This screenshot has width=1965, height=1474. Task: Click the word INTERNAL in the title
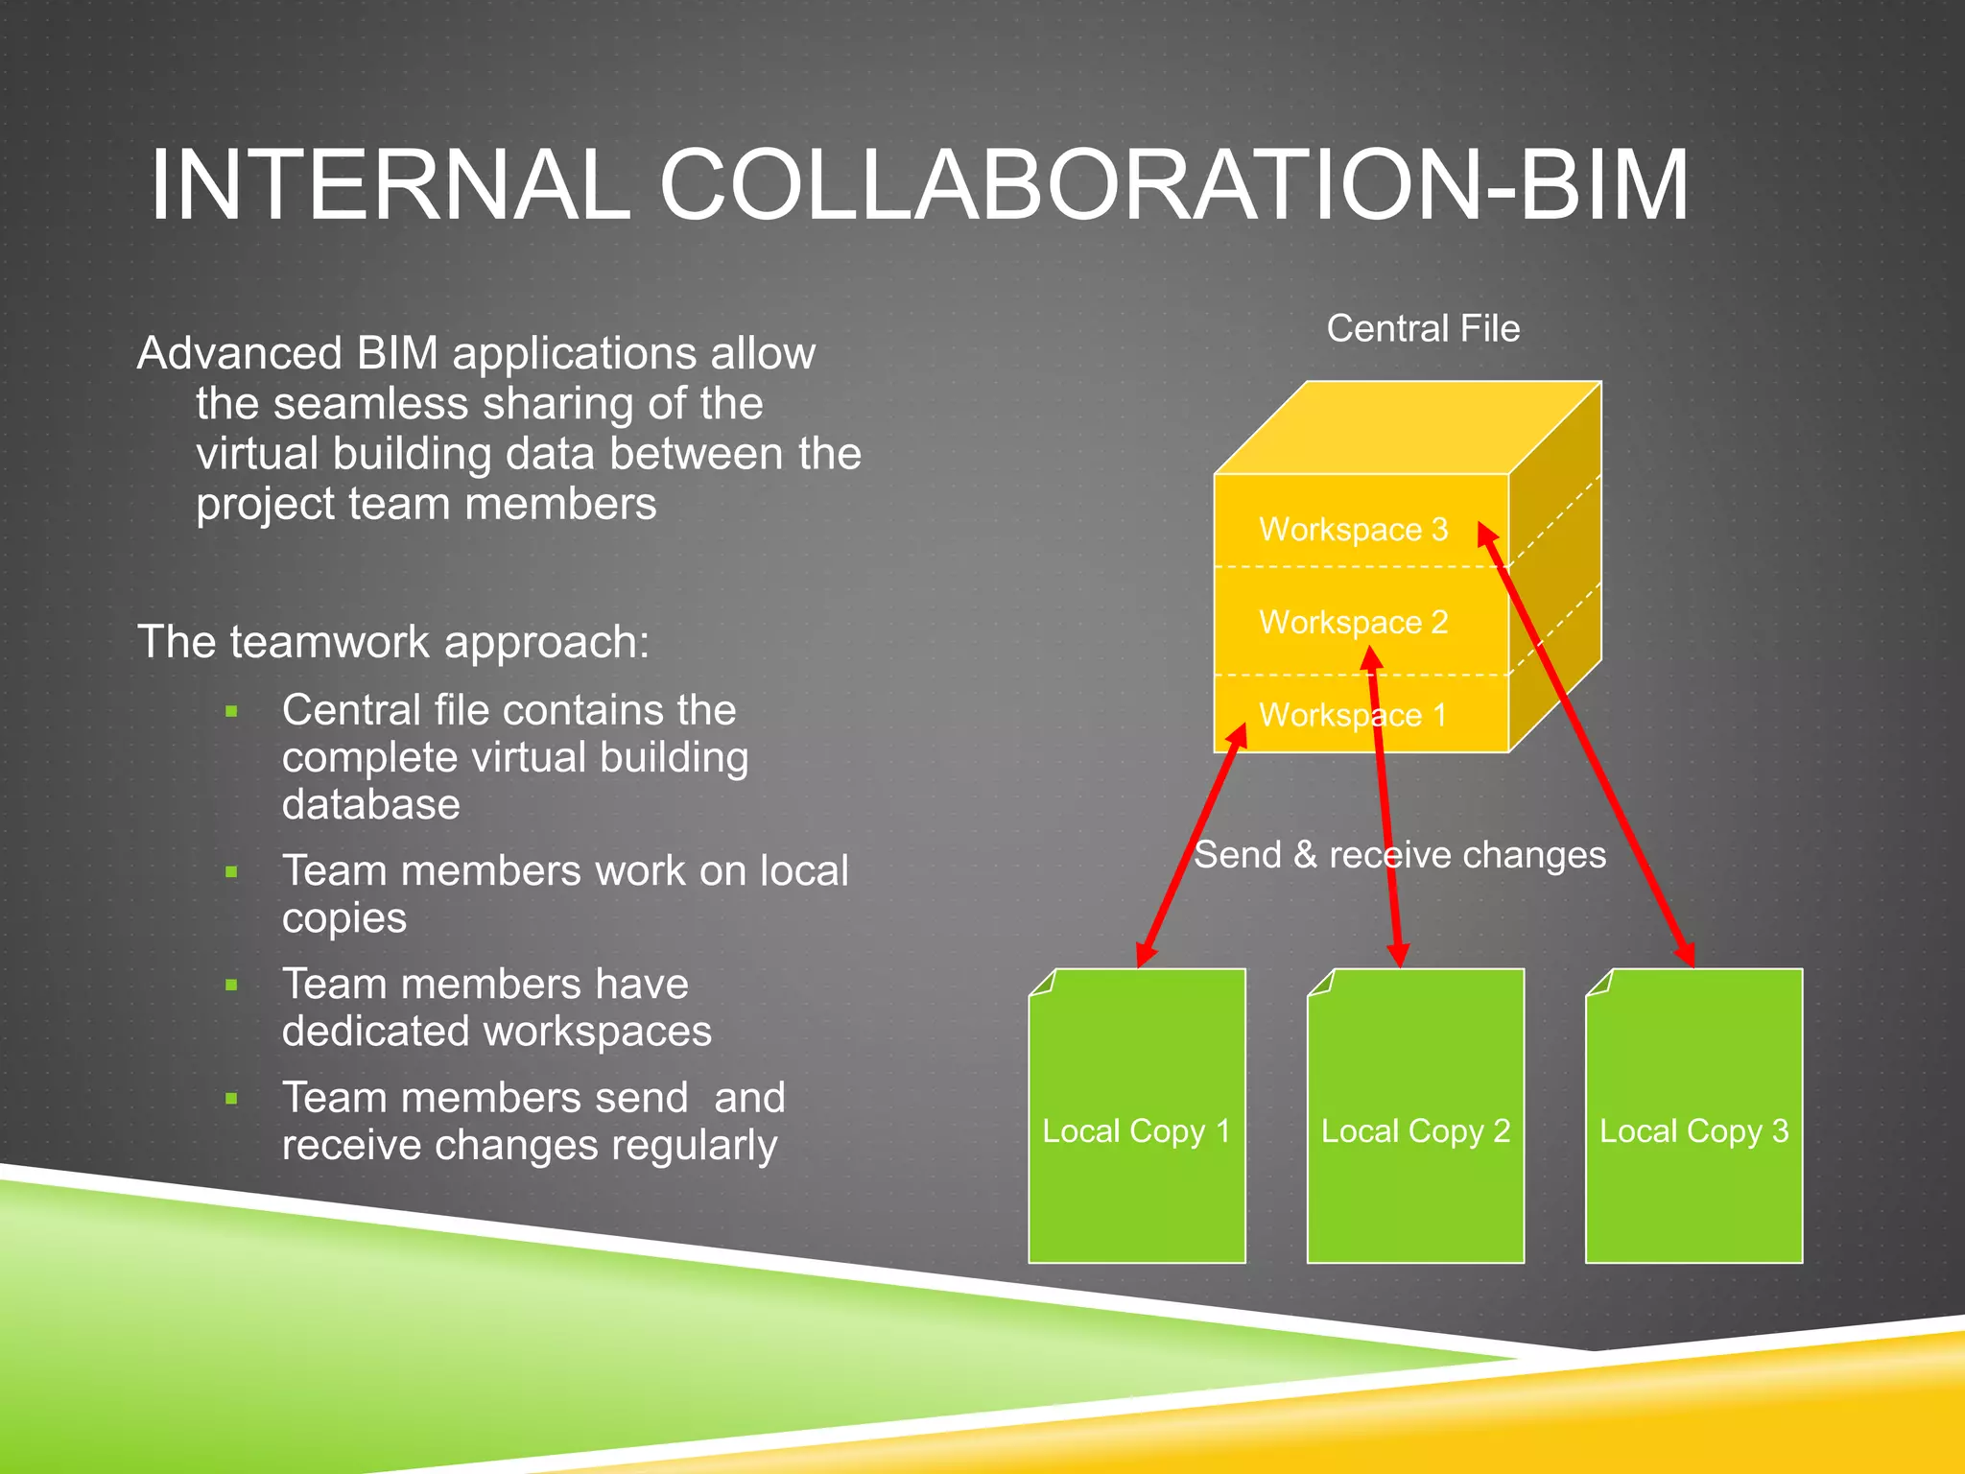(x=389, y=185)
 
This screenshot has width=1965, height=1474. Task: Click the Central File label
(x=1423, y=329)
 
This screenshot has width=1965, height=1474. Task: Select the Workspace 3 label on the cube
(x=1353, y=530)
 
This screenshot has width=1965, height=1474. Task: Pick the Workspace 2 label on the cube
(x=1353, y=623)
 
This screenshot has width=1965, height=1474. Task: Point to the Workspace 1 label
(x=1353, y=716)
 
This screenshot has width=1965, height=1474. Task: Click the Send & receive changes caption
(x=1399, y=855)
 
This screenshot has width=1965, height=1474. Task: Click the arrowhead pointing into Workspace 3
(x=1486, y=534)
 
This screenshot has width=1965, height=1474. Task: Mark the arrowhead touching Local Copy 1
(x=1145, y=955)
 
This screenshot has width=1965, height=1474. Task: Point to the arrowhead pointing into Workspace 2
(x=1372, y=658)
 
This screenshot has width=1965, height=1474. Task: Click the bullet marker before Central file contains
(x=231, y=712)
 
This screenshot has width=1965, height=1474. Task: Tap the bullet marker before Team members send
(x=231, y=1099)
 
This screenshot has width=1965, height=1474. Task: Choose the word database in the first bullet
(x=370, y=804)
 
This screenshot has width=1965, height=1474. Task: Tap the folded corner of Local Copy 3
(x=1598, y=983)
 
